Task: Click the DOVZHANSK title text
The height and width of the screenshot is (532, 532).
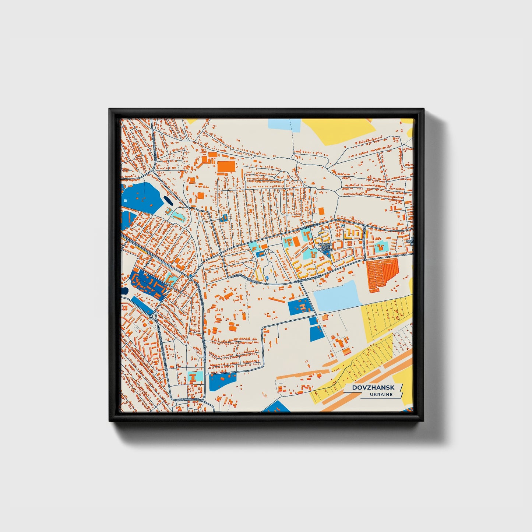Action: (373, 388)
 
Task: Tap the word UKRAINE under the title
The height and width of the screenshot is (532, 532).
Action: (381, 395)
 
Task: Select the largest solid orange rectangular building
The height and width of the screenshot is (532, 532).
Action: (226, 167)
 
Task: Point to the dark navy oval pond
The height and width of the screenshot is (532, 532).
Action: (168, 201)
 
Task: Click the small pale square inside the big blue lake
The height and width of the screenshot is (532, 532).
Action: (127, 201)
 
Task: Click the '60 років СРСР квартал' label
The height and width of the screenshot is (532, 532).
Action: (325, 247)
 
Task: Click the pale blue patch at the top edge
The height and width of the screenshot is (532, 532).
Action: (284, 124)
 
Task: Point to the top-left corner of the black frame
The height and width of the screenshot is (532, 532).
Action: (110, 110)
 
